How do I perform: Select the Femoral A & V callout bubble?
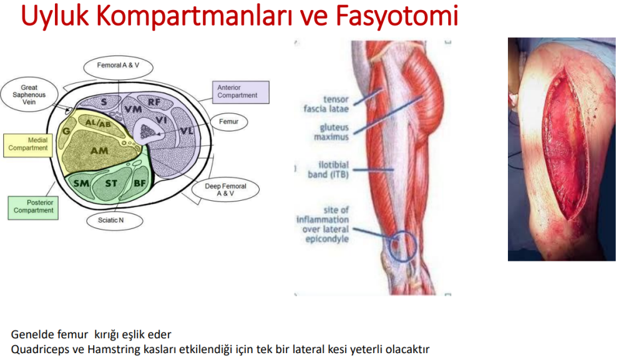point(118,67)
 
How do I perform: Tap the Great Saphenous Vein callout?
point(29,94)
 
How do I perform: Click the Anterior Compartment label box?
point(240,92)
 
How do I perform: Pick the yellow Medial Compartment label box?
point(27,145)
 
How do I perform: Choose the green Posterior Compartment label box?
point(33,207)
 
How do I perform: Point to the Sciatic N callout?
point(115,220)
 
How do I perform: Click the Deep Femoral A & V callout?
point(225,190)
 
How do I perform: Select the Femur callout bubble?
point(228,122)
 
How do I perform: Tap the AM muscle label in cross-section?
point(99,151)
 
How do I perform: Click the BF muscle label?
point(140,183)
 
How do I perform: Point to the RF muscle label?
point(154,102)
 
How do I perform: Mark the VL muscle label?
point(187,131)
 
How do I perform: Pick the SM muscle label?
point(82,183)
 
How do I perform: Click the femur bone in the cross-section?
point(149,131)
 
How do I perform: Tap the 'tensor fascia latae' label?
point(326,104)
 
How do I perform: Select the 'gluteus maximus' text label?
point(331,132)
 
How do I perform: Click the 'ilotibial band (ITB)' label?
point(328,170)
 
